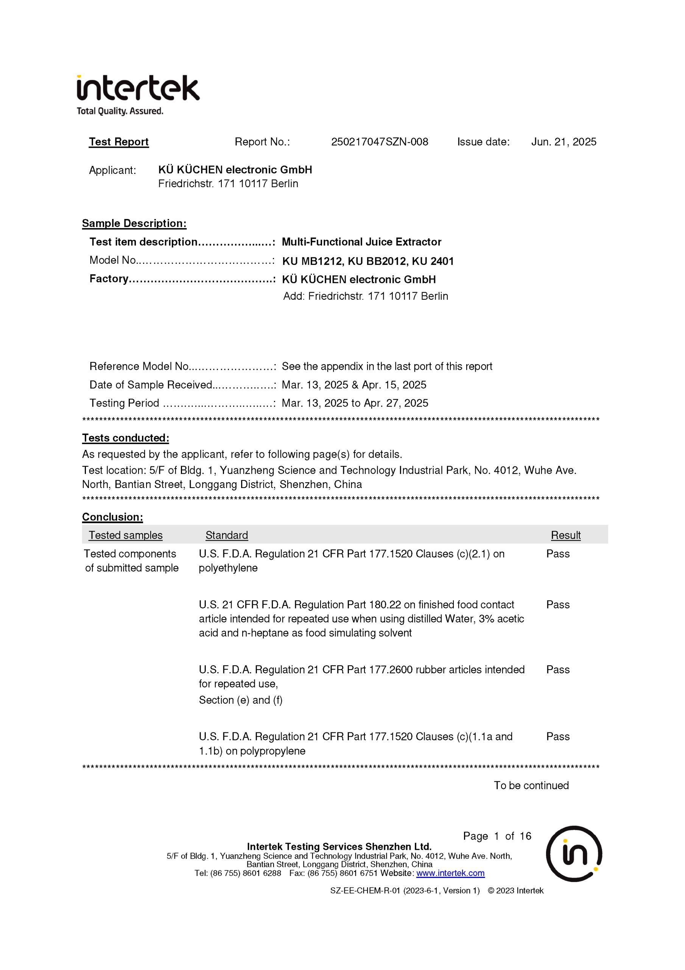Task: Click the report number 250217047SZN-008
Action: pyautogui.click(x=380, y=142)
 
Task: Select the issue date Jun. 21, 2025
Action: pyautogui.click(x=564, y=142)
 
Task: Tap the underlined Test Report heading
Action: pyautogui.click(x=118, y=142)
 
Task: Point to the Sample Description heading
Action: pyautogui.click(x=134, y=224)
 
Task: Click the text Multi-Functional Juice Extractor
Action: pyautogui.click(x=361, y=242)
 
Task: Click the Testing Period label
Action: pyautogui.click(x=124, y=403)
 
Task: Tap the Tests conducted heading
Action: pyautogui.click(x=125, y=438)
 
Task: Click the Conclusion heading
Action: pyautogui.click(x=112, y=517)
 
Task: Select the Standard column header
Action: pyautogui.click(x=227, y=535)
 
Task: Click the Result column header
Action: pyautogui.click(x=565, y=535)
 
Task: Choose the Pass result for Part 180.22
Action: pyautogui.click(x=557, y=605)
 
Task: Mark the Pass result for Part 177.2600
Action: pyautogui.click(x=557, y=670)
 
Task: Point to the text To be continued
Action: pyautogui.click(x=531, y=785)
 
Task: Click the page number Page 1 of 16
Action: pyautogui.click(x=497, y=836)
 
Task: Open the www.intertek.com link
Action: pyautogui.click(x=450, y=873)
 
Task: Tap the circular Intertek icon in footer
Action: pyautogui.click(x=574, y=853)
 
